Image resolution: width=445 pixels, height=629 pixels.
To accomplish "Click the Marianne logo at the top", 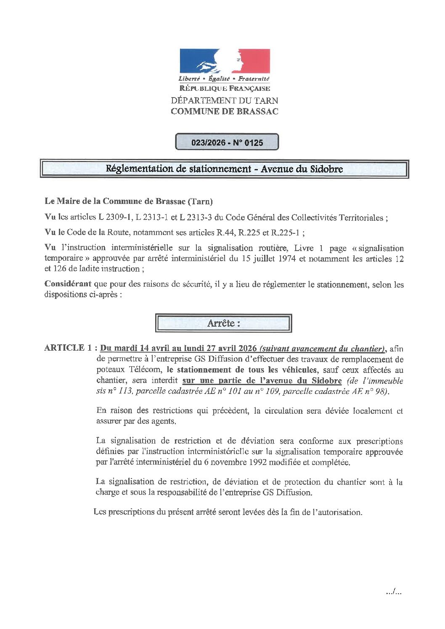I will pyautogui.click(x=225, y=61).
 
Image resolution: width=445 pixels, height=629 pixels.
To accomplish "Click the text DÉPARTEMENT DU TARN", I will pyautogui.click(x=224, y=101).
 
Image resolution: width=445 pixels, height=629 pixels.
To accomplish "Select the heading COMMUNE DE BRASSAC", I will pyautogui.click(x=224, y=111).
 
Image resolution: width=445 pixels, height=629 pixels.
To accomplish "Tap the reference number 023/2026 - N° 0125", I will pyautogui.click(x=227, y=143).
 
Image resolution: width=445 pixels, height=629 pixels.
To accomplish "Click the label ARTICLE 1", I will pyautogui.click(x=68, y=348).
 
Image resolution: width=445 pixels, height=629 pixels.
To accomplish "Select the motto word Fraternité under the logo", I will pyautogui.click(x=254, y=79).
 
